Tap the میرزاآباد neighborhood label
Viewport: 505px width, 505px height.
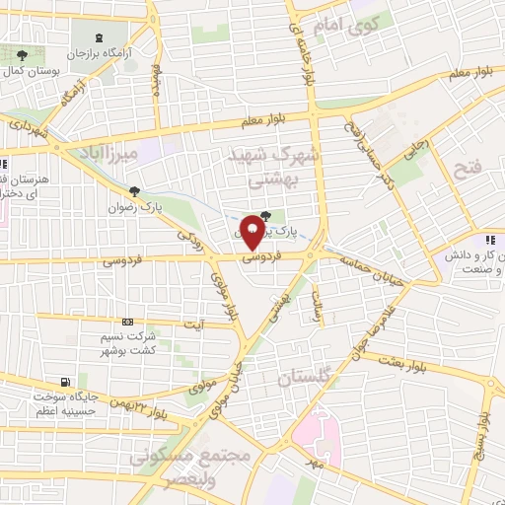point(103,153)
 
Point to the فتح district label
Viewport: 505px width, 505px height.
point(466,170)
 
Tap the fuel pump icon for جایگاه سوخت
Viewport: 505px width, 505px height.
point(66,382)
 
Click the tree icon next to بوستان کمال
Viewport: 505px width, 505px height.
point(22,54)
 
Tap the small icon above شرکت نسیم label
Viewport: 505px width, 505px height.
point(127,322)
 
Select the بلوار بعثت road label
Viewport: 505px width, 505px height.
point(426,366)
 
